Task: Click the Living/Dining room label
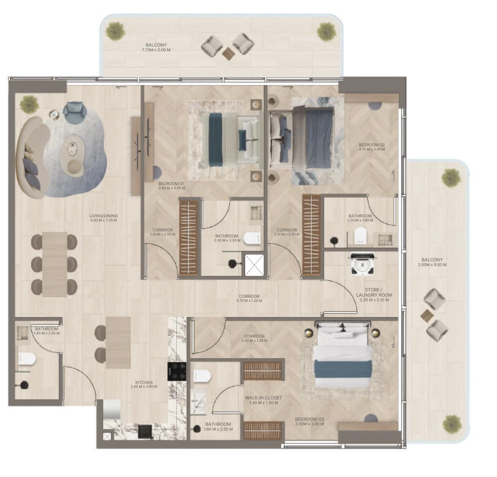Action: [103, 216]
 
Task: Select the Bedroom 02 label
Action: [371, 145]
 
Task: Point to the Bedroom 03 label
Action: [309, 420]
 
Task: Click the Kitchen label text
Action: [144, 382]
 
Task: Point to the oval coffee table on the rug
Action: [72, 149]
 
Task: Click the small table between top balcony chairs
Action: [228, 53]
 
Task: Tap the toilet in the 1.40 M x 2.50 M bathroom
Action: [26, 359]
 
